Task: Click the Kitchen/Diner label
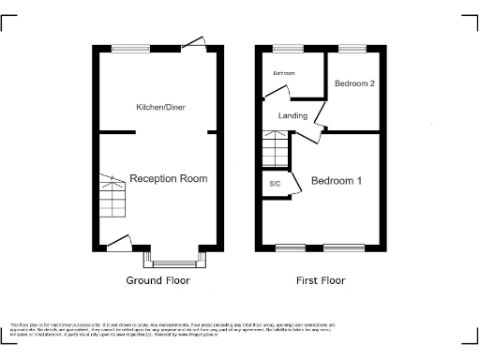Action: [x=160, y=108]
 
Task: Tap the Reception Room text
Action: [x=169, y=178]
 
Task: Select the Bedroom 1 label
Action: [x=337, y=180]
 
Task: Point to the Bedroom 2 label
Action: [x=354, y=83]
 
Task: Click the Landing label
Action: [x=293, y=116]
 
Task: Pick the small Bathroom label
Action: [x=284, y=73]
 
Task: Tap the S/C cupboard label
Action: [x=276, y=183]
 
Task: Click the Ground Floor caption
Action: [x=157, y=280]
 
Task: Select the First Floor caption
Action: [x=320, y=280]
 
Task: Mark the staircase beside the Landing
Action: [x=276, y=149]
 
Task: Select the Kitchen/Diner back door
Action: [x=195, y=43]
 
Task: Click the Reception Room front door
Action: [x=119, y=244]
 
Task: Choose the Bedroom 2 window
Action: [x=352, y=48]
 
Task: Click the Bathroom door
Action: [x=277, y=92]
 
